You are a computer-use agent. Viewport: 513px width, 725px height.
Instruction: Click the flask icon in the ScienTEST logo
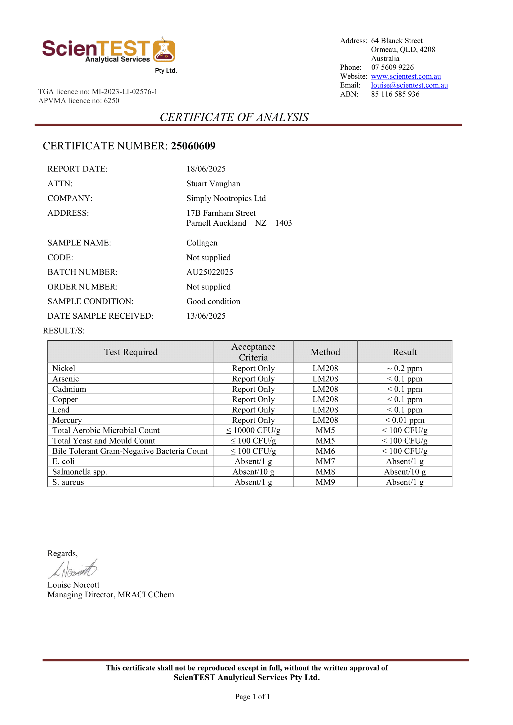click(164, 50)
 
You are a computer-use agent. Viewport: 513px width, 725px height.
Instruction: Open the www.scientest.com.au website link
click(406, 77)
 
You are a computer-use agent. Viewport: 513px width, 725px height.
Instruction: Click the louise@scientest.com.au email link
click(409, 85)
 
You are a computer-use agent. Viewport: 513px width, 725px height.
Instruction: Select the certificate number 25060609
click(193, 146)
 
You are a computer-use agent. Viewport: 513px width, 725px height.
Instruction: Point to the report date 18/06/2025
click(206, 169)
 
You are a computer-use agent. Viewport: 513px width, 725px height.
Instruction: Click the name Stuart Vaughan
click(213, 184)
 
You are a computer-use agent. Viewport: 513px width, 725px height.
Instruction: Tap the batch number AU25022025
click(209, 272)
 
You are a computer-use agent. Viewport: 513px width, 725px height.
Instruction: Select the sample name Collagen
click(202, 243)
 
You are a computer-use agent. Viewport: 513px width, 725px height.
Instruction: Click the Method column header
click(325, 352)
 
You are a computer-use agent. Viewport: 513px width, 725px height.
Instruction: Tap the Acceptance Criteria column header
click(253, 352)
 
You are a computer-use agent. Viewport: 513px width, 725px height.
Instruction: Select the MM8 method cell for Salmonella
click(325, 472)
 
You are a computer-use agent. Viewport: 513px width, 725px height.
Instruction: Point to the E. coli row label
click(64, 461)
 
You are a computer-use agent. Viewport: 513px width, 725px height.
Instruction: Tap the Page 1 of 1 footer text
click(252, 697)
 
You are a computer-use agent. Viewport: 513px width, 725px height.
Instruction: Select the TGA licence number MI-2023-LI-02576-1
click(124, 92)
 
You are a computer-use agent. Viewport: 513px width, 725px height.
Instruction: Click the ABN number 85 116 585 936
click(395, 94)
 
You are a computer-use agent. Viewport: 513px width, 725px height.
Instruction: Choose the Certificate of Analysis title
click(234, 117)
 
